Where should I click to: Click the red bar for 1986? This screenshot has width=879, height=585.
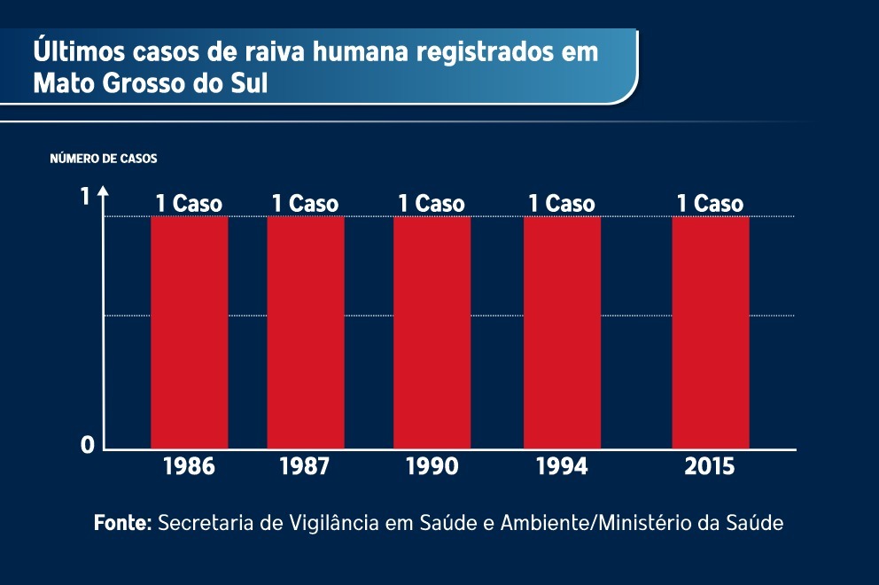click(189, 332)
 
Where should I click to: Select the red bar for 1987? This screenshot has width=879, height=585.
click(306, 332)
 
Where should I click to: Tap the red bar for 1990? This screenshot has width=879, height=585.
click(432, 332)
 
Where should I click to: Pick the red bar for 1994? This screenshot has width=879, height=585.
click(562, 332)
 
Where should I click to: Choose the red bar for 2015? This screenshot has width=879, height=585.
click(710, 332)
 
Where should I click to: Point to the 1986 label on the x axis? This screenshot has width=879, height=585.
click(189, 466)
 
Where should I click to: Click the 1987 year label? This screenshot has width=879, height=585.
click(306, 466)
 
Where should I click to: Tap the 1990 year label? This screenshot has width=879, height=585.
click(432, 466)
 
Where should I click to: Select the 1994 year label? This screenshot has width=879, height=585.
click(562, 466)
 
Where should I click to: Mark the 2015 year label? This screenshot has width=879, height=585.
click(710, 466)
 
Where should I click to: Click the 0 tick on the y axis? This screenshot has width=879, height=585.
click(87, 445)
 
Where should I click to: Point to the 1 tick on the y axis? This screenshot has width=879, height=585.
click(86, 197)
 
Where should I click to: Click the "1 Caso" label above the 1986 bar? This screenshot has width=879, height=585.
click(189, 204)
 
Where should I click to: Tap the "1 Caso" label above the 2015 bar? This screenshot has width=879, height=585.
click(710, 204)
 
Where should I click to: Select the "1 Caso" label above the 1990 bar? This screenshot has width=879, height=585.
click(432, 204)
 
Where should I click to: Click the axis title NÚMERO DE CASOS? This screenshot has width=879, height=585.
click(103, 160)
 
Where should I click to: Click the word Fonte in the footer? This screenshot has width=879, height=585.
click(122, 523)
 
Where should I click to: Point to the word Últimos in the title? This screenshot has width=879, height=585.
click(71, 51)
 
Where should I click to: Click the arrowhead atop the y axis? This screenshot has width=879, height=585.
click(104, 191)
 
